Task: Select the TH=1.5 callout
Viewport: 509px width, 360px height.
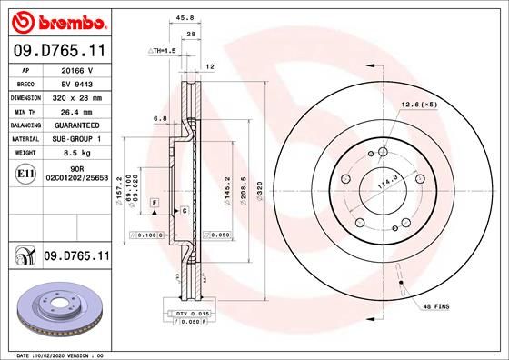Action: [162, 51]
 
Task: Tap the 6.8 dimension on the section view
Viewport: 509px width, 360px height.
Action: [159, 118]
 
